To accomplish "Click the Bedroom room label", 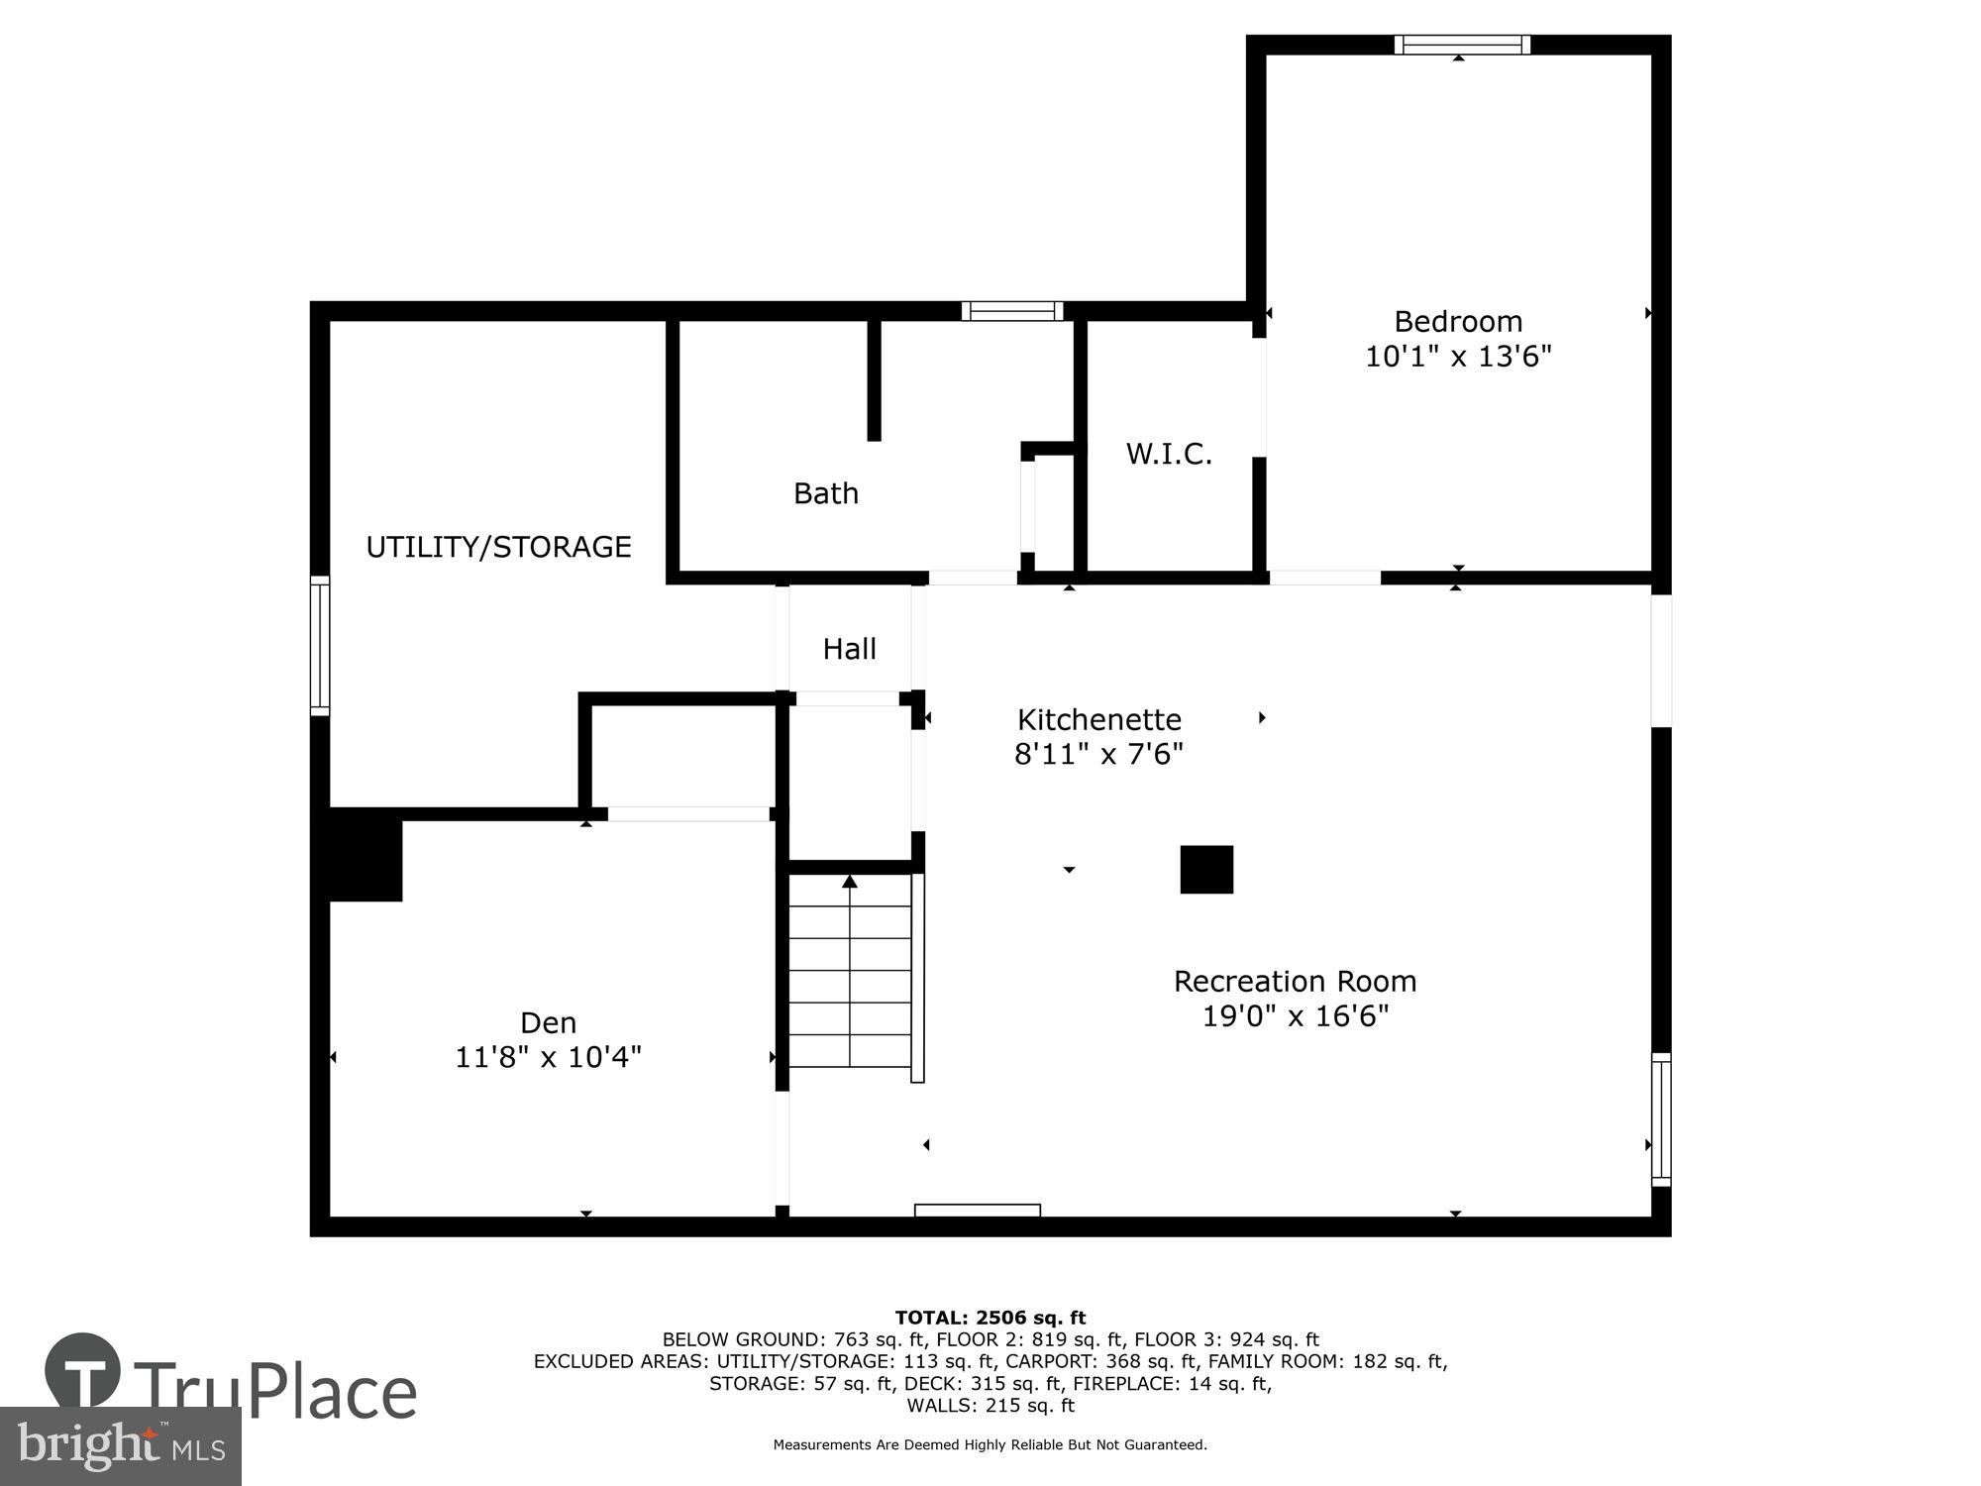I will pyautogui.click(x=1457, y=322).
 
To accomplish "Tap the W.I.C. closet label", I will pyautogui.click(x=1169, y=454).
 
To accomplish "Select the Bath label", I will pyautogui.click(x=825, y=493).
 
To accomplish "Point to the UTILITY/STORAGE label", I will pyautogui.click(x=498, y=547).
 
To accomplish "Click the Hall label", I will pyautogui.click(x=849, y=649).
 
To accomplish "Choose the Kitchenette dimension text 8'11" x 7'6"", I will pyautogui.click(x=1098, y=755).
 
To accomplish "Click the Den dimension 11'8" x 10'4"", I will pyautogui.click(x=548, y=1058).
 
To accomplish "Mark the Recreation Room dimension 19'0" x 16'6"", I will pyautogui.click(x=1295, y=1016).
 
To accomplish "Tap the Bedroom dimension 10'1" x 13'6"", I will pyautogui.click(x=1457, y=357).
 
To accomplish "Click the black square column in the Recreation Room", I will pyautogui.click(x=1205, y=870).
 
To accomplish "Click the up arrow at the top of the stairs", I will pyautogui.click(x=849, y=881).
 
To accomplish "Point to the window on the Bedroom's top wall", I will pyautogui.click(x=1462, y=45).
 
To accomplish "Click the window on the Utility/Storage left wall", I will pyautogui.click(x=319, y=646).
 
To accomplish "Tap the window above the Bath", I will pyautogui.click(x=1011, y=311).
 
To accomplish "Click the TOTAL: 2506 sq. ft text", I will pyautogui.click(x=990, y=1318).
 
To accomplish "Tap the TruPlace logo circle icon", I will pyautogui.click(x=83, y=1372).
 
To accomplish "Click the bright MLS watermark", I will pyautogui.click(x=120, y=1445).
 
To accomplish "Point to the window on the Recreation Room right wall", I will pyautogui.click(x=1661, y=1119).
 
